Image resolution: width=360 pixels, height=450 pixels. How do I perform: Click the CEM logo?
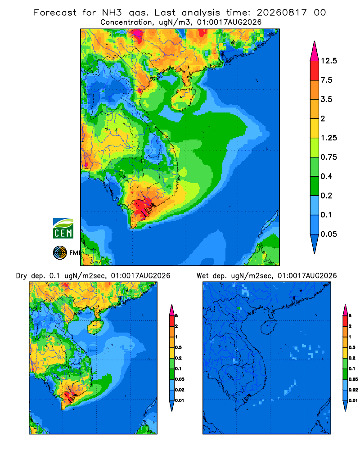coord(63,229)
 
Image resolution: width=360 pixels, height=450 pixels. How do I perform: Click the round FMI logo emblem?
coord(60,253)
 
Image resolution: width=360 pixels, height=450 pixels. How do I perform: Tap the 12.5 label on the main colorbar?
coord(328,61)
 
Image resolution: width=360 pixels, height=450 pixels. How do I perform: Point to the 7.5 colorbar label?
coord(326,80)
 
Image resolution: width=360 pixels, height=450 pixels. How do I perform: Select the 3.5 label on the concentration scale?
coord(326,99)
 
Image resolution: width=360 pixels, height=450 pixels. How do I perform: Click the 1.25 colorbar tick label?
coord(328,138)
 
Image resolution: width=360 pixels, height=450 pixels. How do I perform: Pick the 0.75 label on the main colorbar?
coord(328,157)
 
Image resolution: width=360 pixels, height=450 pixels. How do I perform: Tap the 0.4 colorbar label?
coord(326,176)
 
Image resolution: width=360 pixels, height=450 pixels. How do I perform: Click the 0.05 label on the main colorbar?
coord(328,234)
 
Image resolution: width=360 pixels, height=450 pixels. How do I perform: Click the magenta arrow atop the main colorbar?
coord(315,51)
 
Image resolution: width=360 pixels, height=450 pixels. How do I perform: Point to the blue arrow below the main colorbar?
coord(315,243)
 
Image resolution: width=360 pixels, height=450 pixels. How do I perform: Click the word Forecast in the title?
coord(55,13)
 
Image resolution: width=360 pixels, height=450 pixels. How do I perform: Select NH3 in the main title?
coord(112,13)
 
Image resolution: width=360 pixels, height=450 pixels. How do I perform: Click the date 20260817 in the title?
coord(282,13)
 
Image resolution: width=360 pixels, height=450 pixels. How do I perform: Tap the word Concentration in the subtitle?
coord(126,22)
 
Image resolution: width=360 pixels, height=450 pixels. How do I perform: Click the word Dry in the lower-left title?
coord(21,276)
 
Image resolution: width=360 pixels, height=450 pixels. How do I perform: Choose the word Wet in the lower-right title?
coord(202,276)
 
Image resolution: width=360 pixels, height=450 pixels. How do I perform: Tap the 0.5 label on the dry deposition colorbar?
coord(178,347)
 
